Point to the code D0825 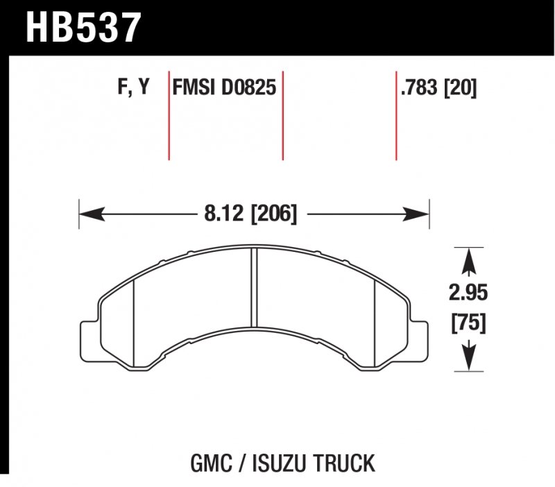248,88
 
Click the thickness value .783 421,88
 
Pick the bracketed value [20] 461,88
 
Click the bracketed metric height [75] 468,323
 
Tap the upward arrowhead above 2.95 468,260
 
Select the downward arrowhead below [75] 468,357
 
